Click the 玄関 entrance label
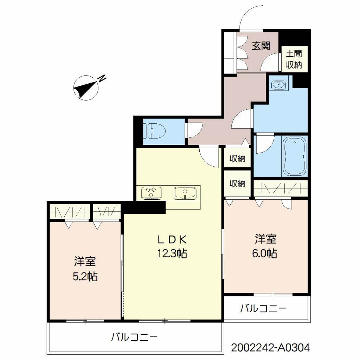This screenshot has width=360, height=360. click(x=261, y=46)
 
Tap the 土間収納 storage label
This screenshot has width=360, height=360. click(x=294, y=59)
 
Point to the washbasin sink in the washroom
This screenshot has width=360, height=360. click(x=279, y=85)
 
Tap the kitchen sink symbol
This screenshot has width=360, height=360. click(x=185, y=193)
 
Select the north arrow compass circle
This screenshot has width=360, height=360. click(x=86, y=88)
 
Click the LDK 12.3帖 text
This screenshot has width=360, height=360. click(x=172, y=246)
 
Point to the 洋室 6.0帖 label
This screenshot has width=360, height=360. click(x=265, y=246)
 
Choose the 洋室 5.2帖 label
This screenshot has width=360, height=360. click(x=85, y=269)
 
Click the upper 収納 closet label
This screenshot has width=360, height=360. click(x=237, y=159)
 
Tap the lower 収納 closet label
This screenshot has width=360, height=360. click(x=237, y=184)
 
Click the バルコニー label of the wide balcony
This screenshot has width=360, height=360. click(x=134, y=337)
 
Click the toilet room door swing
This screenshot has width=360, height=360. click(x=195, y=130)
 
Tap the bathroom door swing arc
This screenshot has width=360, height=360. click(x=265, y=143)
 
